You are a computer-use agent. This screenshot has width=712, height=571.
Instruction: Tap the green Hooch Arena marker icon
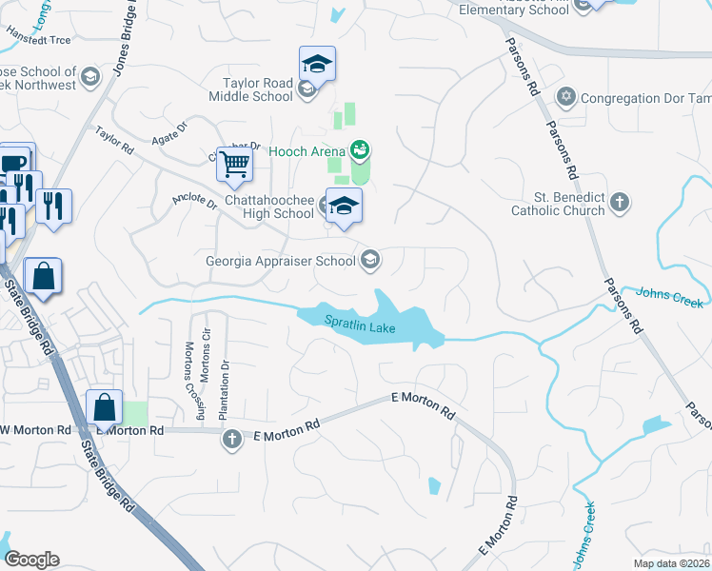click(359, 149)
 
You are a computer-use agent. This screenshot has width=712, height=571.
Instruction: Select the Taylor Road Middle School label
click(258, 89)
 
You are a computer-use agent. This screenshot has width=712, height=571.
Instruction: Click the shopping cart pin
click(233, 165)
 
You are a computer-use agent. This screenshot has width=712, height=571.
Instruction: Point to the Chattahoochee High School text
click(268, 207)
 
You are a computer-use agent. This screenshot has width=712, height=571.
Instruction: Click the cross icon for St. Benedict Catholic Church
click(620, 202)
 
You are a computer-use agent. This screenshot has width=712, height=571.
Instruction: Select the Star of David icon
click(566, 98)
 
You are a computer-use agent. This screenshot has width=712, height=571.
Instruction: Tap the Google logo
click(30, 560)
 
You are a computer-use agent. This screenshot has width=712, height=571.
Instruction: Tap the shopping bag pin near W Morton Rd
click(104, 407)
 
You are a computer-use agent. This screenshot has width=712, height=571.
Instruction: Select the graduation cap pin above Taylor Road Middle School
click(317, 64)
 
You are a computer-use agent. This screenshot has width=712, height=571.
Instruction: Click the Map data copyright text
click(672, 563)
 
